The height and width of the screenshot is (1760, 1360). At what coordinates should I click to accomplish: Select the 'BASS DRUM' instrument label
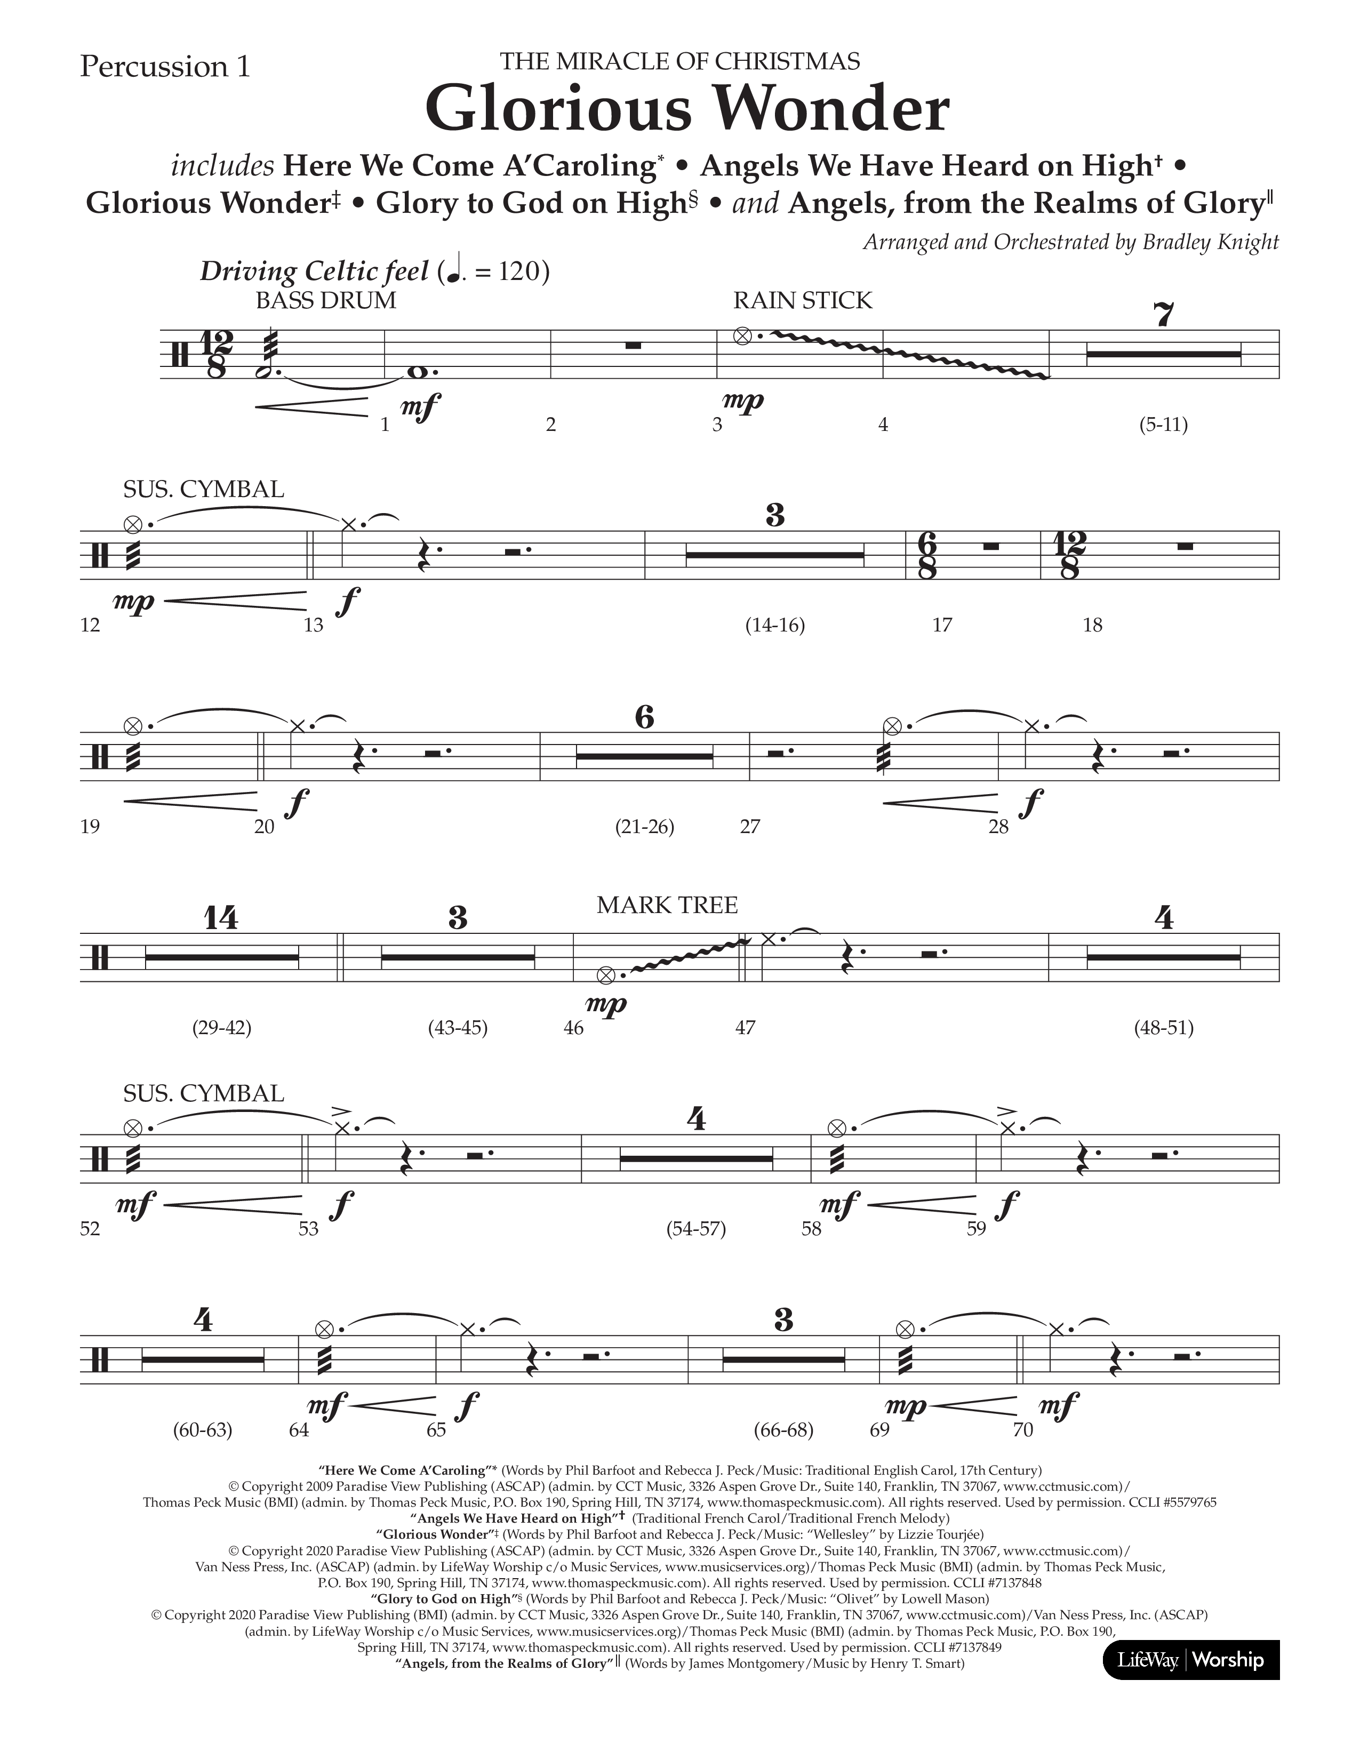325,301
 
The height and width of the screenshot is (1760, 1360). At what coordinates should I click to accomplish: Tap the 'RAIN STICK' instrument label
803,301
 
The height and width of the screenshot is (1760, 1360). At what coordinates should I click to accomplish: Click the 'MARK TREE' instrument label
667,905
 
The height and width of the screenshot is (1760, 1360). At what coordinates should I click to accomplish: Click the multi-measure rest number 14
221,918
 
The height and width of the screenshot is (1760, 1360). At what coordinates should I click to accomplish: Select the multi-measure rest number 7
1163,314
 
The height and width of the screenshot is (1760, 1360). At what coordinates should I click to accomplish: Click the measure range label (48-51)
1163,1028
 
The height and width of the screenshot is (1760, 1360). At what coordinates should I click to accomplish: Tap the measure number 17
942,625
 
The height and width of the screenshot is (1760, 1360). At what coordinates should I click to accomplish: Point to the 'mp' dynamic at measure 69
906,1406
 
